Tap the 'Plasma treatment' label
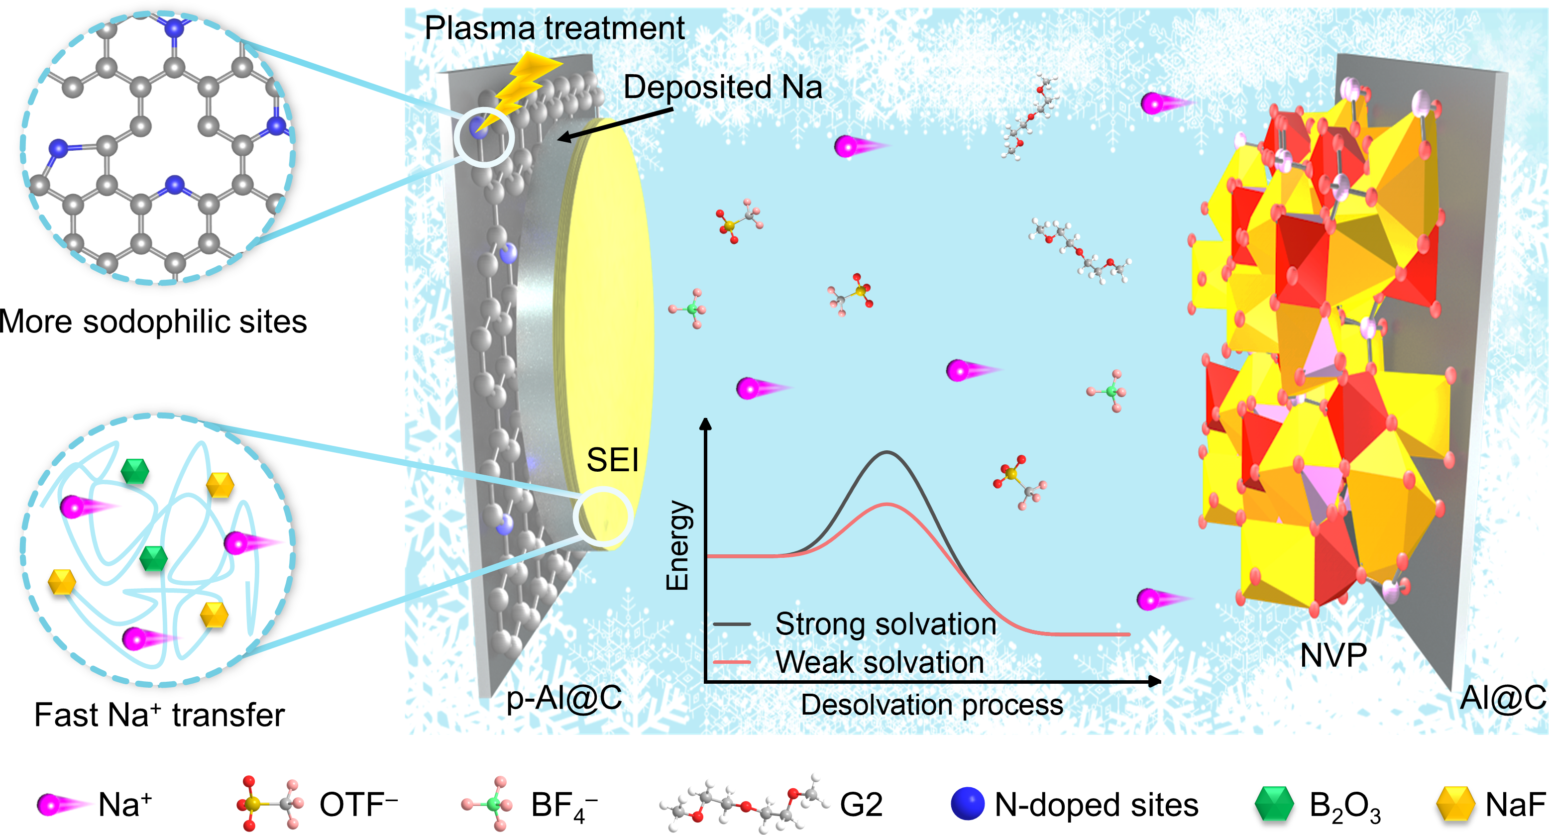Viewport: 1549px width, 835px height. (554, 28)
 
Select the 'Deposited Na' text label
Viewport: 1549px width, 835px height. (722, 87)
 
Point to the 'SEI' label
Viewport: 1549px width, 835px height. (612, 460)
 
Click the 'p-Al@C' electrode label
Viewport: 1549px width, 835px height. (564, 699)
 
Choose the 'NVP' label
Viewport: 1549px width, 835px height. (1333, 655)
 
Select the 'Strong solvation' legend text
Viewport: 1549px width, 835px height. (885, 624)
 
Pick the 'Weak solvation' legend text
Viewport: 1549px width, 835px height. (879, 662)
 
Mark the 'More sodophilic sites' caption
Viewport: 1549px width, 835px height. (153, 321)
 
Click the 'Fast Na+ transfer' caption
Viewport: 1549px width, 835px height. (159, 716)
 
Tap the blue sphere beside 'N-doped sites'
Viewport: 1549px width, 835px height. (967, 804)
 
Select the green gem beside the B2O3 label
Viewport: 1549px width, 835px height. (1274, 804)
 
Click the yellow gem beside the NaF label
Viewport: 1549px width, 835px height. (1455, 804)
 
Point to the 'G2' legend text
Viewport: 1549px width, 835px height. (861, 804)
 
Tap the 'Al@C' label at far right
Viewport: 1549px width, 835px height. (1503, 699)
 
